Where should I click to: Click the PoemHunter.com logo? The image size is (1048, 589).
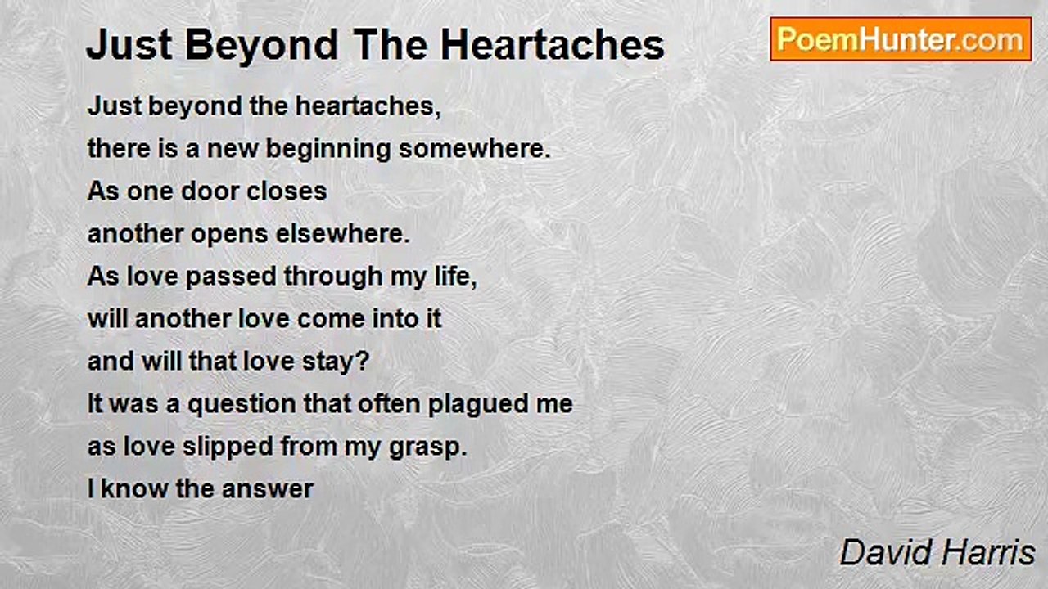point(901,39)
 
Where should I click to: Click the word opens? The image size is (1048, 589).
point(226,235)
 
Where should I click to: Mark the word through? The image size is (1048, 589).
point(332,277)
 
